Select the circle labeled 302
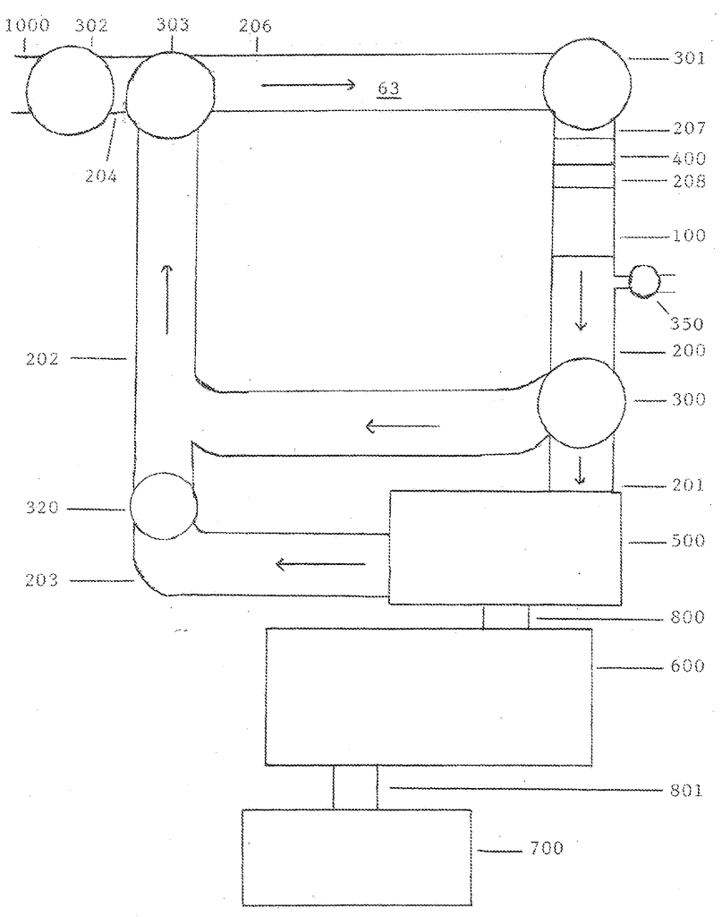click(x=70, y=91)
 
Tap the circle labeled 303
click(x=171, y=94)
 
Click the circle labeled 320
click(x=163, y=506)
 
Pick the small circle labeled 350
click(x=642, y=281)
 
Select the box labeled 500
click(x=504, y=547)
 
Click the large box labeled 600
click(x=429, y=697)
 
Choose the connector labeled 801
click(x=355, y=786)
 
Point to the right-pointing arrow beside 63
click(x=309, y=86)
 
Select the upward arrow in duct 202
click(x=166, y=298)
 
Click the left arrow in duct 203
click(x=320, y=564)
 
